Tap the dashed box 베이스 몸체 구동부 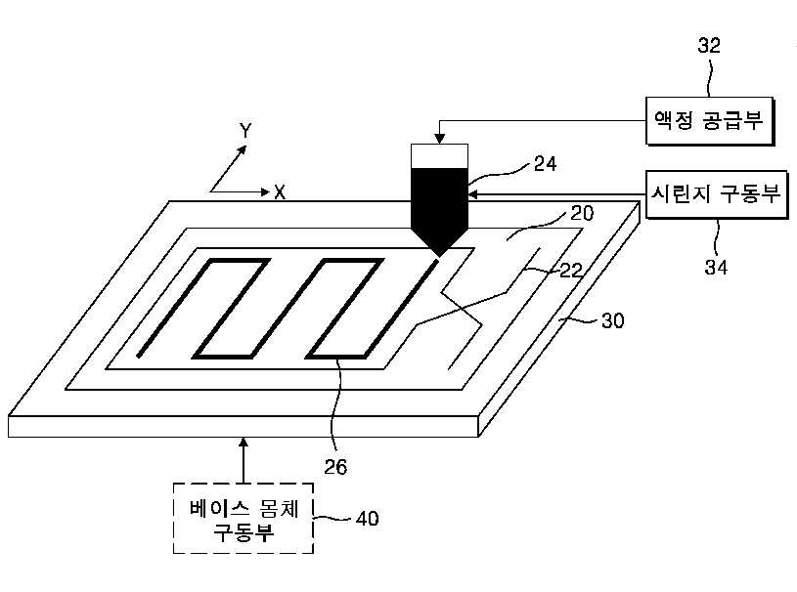point(244,518)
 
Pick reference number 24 point(546,164)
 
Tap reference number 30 point(611,319)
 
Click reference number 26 point(335,466)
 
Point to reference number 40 point(367,518)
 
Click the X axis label point(280,192)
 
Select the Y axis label point(245,130)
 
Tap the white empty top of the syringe point(440,156)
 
